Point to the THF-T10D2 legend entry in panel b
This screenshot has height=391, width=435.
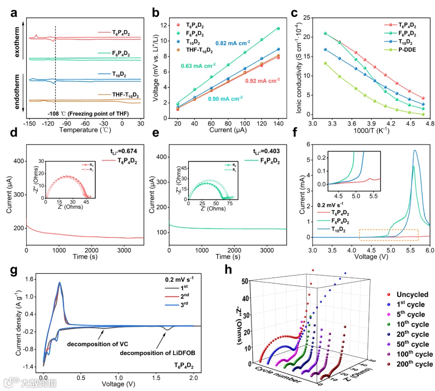(200, 50)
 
